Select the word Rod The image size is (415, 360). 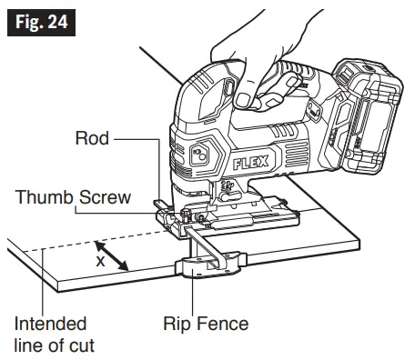pyautogui.click(x=91, y=138)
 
